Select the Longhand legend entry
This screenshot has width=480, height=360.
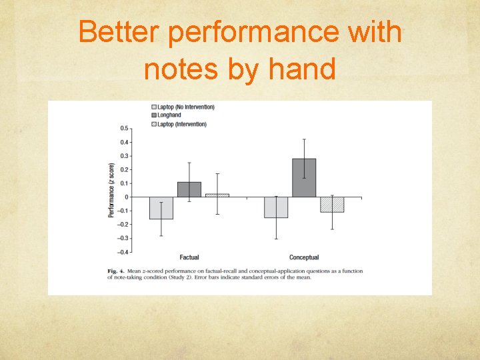coord(169,115)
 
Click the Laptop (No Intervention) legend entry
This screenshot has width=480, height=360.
coord(185,107)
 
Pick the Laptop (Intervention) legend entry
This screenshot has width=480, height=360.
coord(181,124)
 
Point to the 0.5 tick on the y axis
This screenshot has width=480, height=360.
coord(124,128)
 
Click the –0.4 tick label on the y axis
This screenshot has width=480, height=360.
coord(123,252)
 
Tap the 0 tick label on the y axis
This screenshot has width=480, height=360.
coord(127,197)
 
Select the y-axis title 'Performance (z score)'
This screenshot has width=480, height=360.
coord(111,190)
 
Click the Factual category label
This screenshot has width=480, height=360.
coord(189,257)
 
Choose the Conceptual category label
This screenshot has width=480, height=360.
coord(304,257)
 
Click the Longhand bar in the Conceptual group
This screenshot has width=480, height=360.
coord(304,178)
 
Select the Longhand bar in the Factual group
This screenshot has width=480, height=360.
coord(189,189)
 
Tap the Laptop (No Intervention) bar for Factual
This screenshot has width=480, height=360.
coord(161,208)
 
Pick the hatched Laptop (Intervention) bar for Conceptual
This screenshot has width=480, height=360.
coord(332,205)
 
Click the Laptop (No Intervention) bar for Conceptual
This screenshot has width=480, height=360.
coord(276,207)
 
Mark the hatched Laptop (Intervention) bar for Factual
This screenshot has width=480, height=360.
coord(217,195)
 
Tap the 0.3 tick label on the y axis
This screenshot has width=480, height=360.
coord(124,156)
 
